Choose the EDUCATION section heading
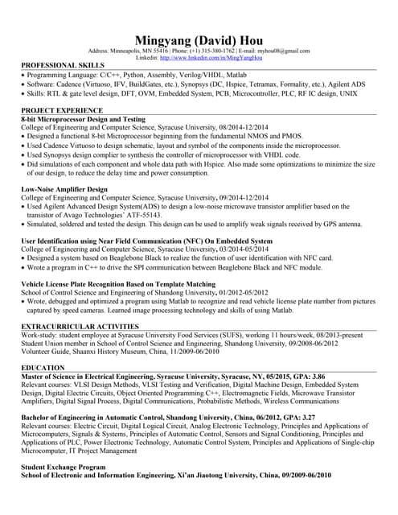[43, 367]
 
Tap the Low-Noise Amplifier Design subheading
[64, 189]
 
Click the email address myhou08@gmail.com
[285, 51]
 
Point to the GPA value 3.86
[318, 377]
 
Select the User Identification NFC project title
[146, 241]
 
